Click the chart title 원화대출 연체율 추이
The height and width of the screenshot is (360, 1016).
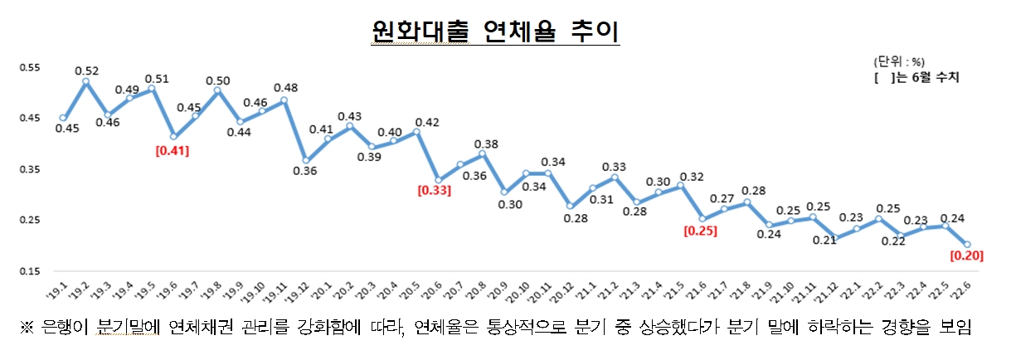[495, 32]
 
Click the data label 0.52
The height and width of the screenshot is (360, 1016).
[87, 71]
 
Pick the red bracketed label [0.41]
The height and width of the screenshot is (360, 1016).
[173, 150]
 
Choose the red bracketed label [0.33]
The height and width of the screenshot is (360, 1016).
[435, 191]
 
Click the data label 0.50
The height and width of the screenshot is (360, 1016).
[218, 80]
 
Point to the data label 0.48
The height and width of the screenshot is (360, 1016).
[285, 88]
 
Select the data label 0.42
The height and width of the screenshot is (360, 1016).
[427, 122]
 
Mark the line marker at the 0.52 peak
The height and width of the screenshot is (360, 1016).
[85, 82]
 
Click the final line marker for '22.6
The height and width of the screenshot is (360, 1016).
[967, 244]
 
